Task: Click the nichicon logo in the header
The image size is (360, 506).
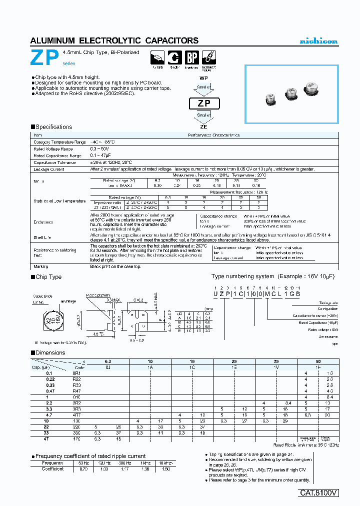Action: pyautogui.click(x=318, y=41)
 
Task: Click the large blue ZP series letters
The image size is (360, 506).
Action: pyautogui.click(x=45, y=58)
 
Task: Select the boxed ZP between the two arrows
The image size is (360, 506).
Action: pyautogui.click(x=203, y=103)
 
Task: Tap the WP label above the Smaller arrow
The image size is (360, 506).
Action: pyautogui.click(x=203, y=79)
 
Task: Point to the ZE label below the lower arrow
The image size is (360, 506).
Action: pyautogui.click(x=203, y=127)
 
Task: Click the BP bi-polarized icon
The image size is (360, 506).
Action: pyautogui.click(x=191, y=57)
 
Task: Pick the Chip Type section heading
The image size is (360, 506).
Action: pyautogui.click(x=48, y=277)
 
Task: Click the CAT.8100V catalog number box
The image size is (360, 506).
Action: pyautogui.click(x=319, y=492)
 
